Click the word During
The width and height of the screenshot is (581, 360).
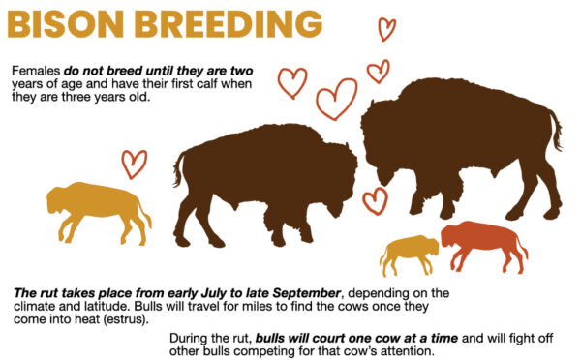coord(190,338)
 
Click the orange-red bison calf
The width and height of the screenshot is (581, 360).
coord(483,245)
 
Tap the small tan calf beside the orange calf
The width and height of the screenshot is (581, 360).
coord(409,254)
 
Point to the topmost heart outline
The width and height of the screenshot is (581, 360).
coord(386,29)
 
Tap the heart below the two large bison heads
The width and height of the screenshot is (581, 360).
coord(375,199)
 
